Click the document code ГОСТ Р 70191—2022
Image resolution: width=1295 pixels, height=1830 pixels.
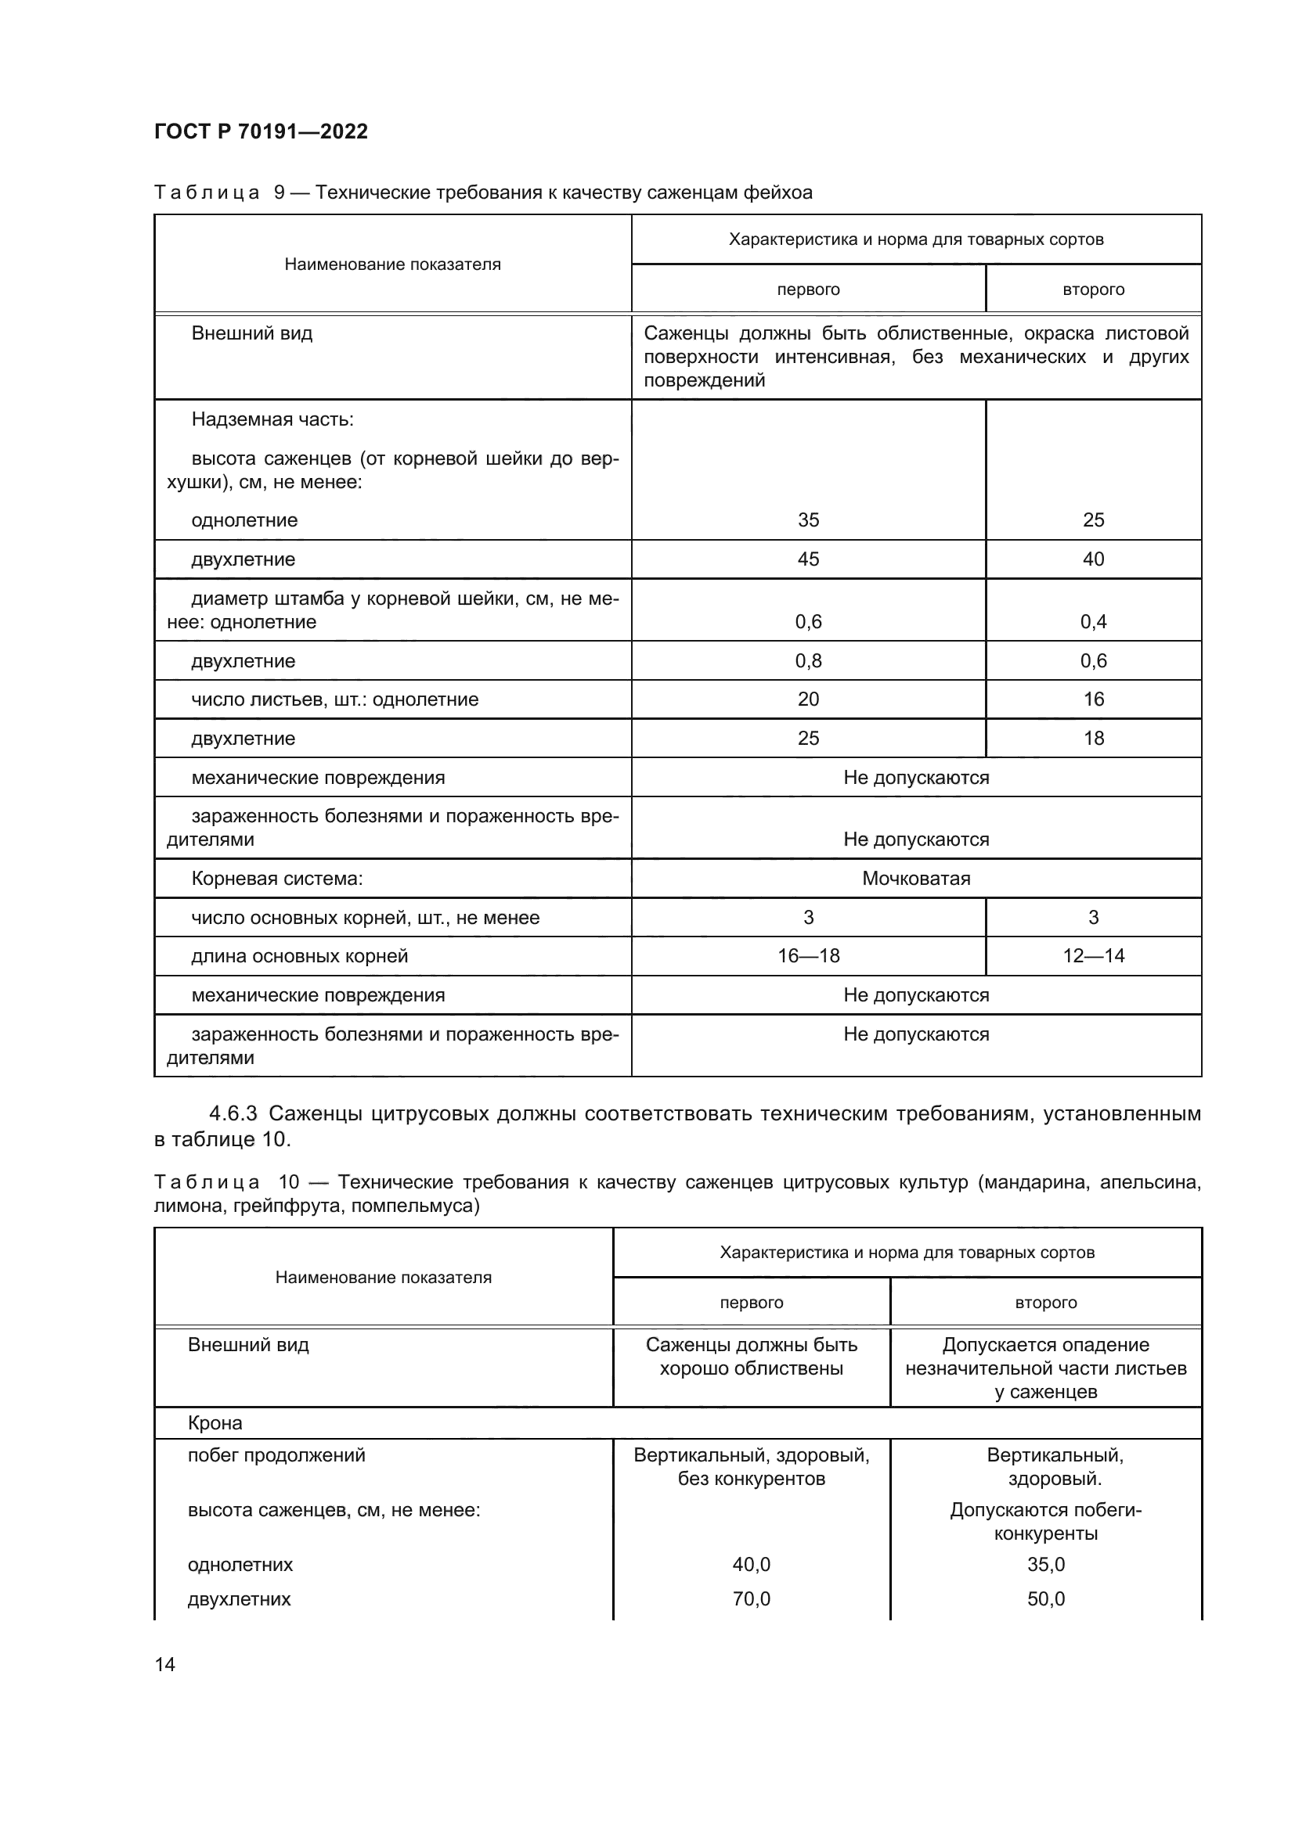[261, 131]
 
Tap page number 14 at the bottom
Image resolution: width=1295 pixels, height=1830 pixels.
[165, 1664]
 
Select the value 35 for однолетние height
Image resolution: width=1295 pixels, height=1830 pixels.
[808, 520]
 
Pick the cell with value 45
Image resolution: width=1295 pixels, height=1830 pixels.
[808, 559]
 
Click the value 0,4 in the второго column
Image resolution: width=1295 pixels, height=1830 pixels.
[1092, 622]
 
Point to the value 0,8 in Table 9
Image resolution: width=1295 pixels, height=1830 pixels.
[808, 661]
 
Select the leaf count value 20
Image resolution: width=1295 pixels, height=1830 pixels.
[808, 699]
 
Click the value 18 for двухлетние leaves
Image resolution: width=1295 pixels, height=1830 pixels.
[1092, 739]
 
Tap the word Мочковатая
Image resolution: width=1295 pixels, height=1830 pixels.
[915, 879]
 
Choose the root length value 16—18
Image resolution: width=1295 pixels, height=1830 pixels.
[808, 956]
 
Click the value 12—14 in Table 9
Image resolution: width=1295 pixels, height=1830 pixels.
[1092, 956]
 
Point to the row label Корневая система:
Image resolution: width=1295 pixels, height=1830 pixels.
[276, 879]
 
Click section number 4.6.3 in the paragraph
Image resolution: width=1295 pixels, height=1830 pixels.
[233, 1113]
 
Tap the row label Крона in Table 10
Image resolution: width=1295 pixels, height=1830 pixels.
[215, 1423]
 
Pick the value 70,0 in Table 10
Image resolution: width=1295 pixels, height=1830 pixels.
[751, 1600]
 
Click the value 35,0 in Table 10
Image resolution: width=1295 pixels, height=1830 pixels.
[1045, 1565]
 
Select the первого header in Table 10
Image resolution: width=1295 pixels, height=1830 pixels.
[751, 1303]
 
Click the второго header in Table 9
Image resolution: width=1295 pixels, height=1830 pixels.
[1092, 290]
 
